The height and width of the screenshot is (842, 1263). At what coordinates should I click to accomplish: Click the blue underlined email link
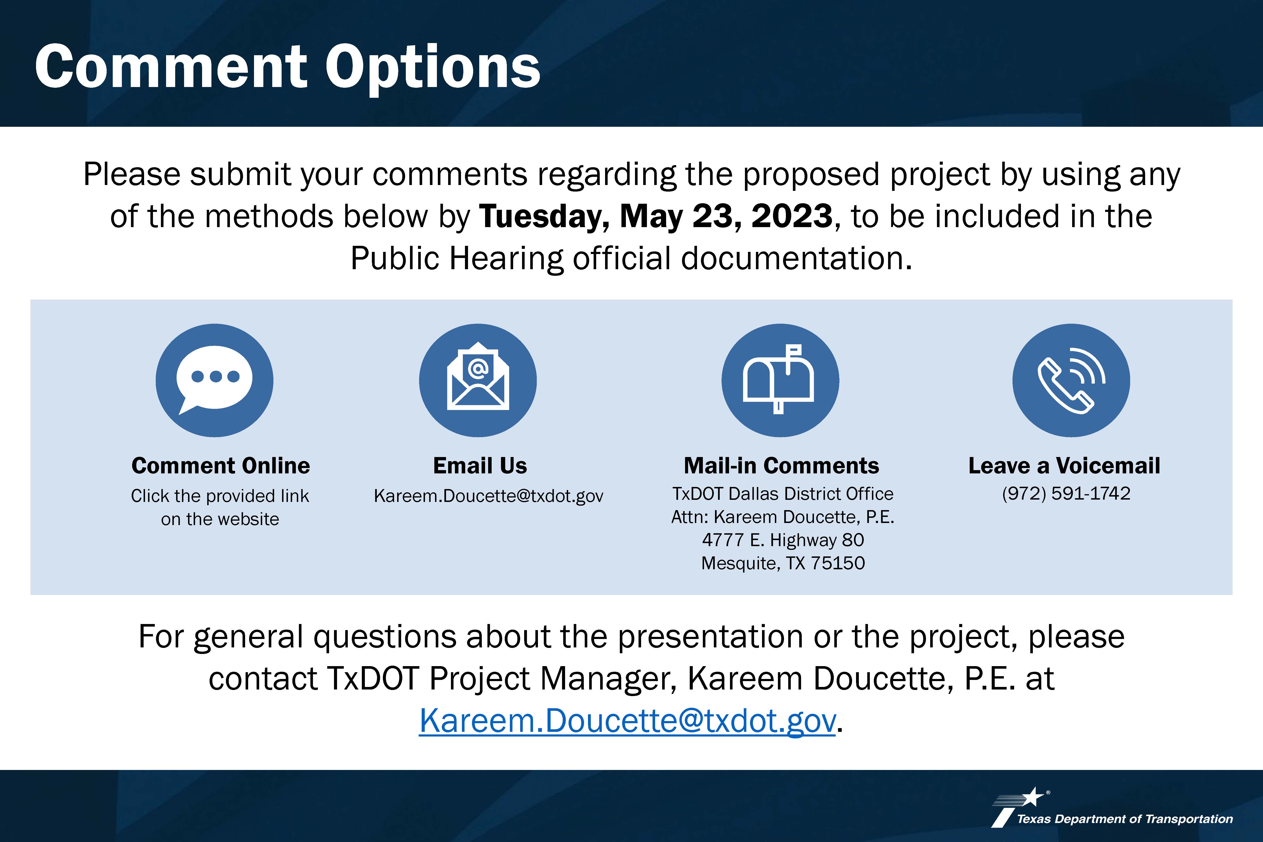627,721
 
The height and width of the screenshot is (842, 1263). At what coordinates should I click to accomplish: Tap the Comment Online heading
221,466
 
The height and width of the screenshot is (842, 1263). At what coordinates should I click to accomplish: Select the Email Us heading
480,466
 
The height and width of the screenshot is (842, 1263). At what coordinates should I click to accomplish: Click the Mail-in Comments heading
781,466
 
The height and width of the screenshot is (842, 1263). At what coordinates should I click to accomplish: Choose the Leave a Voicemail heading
1064,466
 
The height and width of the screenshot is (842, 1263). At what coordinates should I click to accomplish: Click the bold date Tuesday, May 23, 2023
656,216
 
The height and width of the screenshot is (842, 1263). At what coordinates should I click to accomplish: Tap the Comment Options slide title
287,68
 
